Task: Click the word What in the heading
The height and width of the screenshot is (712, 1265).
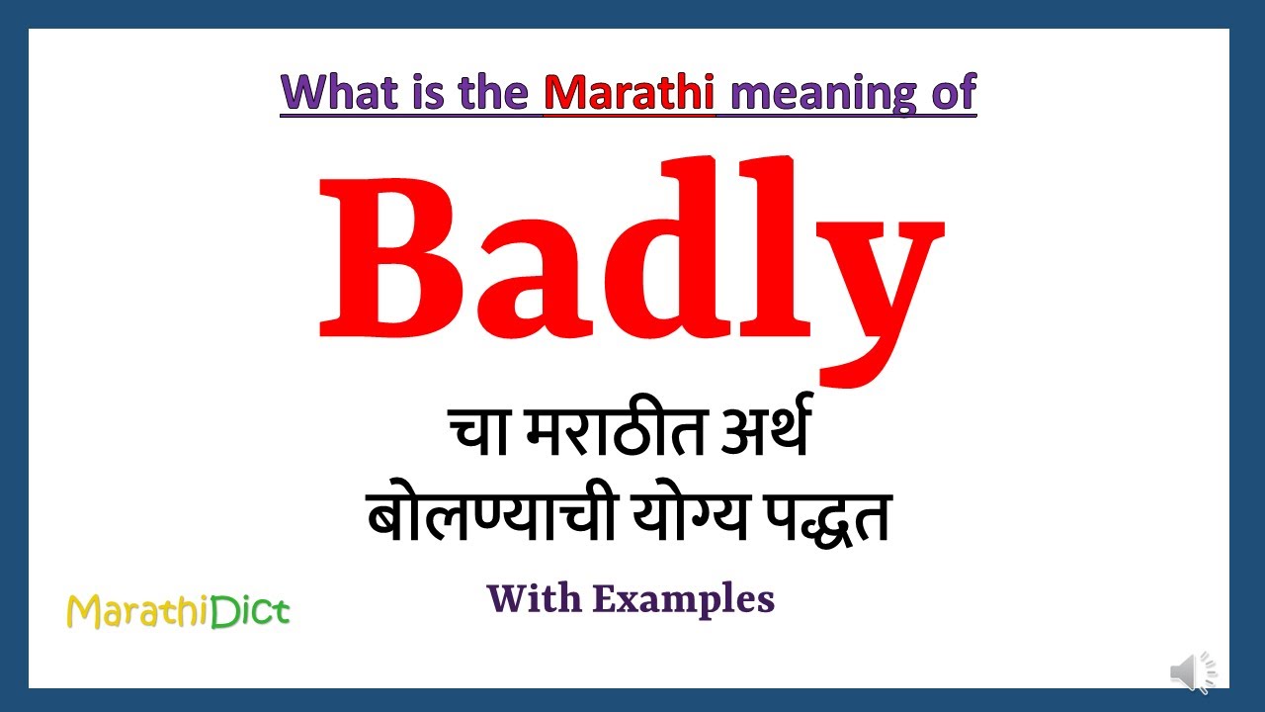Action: (336, 92)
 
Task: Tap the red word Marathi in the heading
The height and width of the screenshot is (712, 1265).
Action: (629, 92)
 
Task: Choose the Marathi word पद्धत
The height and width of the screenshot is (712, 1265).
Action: (824, 516)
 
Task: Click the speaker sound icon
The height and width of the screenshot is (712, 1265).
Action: (1193, 672)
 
